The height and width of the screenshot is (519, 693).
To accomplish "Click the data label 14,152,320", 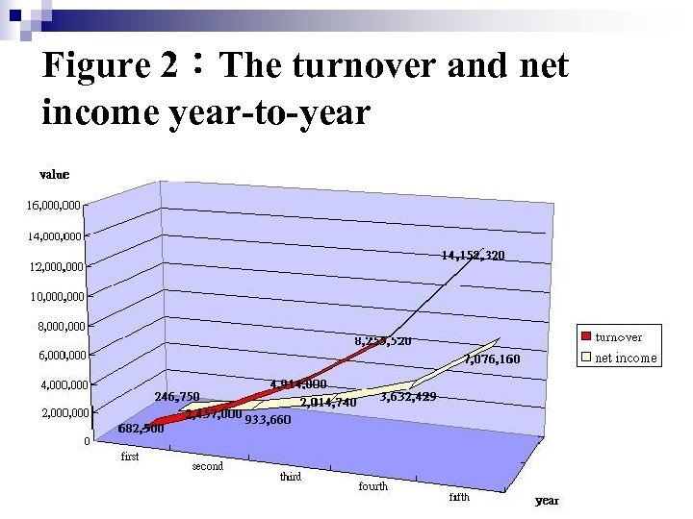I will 473,256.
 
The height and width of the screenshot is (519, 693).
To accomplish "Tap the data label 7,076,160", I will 492,359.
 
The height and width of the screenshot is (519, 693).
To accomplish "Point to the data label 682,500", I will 141,430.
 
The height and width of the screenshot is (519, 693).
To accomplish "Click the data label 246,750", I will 177,396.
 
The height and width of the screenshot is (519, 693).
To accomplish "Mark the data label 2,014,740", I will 328,403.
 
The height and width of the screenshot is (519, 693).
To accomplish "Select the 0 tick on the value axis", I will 87,442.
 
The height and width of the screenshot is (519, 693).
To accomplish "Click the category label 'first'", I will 130,457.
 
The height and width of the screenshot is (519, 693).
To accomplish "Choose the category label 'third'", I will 290,477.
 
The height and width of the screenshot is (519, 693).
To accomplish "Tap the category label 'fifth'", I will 459,497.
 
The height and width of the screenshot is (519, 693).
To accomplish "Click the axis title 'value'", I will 54,175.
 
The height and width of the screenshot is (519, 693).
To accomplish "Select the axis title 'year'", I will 547,501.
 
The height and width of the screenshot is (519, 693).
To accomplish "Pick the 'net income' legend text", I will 626,358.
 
